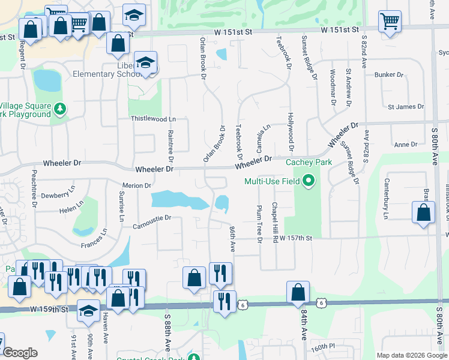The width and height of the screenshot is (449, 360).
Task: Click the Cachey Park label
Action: click(309, 162)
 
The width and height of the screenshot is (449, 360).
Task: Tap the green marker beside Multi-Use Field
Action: click(309, 180)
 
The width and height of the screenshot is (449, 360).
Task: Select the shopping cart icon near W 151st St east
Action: click(390, 22)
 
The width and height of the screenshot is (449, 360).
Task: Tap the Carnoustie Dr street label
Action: click(152, 218)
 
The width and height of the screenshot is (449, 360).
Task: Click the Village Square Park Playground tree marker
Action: click(59, 109)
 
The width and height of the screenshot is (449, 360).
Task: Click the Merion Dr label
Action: click(136, 186)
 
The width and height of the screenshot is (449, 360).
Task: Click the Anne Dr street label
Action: click(405, 145)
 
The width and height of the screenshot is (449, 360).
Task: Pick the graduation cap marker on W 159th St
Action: click(88, 311)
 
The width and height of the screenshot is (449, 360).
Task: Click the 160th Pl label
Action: click(322, 347)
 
